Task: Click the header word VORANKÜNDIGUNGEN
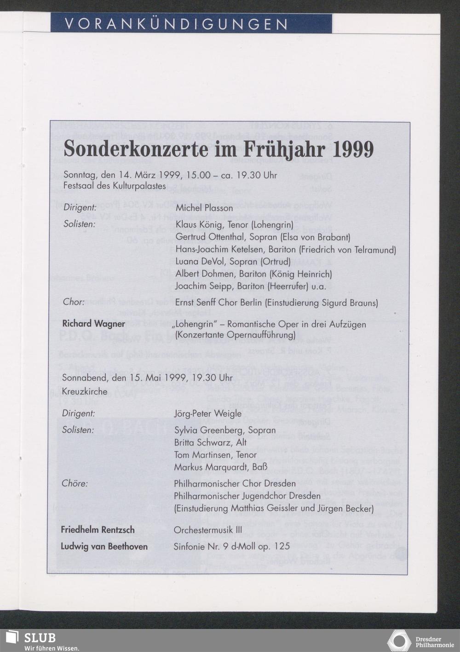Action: click(177, 24)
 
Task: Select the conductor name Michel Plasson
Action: click(204, 208)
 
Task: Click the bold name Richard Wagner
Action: click(94, 324)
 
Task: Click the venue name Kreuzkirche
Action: click(85, 392)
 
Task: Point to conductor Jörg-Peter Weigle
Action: click(207, 413)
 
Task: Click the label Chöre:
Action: click(75, 484)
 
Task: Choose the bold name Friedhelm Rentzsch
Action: click(98, 530)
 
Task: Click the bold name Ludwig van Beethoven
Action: click(104, 546)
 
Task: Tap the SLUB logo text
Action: click(40, 638)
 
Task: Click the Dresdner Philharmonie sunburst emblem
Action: click(399, 641)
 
